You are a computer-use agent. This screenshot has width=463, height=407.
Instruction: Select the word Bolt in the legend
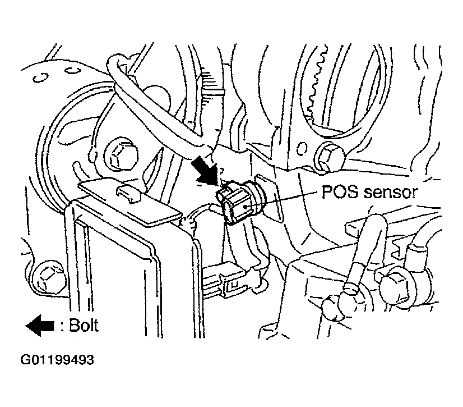pyautogui.click(x=84, y=326)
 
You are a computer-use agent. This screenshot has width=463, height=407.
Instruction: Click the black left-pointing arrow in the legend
pyautogui.click(x=40, y=326)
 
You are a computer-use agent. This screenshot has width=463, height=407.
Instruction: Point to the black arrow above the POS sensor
pyautogui.click(x=206, y=171)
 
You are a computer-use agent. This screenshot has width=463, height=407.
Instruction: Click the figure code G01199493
pyautogui.click(x=57, y=360)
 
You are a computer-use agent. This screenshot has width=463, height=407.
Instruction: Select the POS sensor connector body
pyautogui.click(x=236, y=202)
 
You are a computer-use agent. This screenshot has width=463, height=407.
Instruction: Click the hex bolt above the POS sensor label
pyautogui.click(x=328, y=156)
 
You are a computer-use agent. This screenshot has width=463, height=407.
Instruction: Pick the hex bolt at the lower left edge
pyautogui.click(x=49, y=276)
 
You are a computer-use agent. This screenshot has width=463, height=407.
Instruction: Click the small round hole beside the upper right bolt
pyautogui.click(x=301, y=148)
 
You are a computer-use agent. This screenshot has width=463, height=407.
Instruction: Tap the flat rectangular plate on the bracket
pyautogui.click(x=129, y=202)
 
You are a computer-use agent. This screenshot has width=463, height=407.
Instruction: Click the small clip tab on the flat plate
pyautogui.click(x=128, y=193)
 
